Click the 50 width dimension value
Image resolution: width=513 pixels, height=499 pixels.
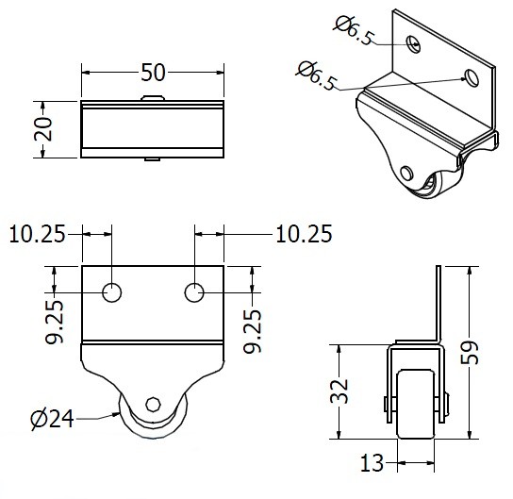(x=153, y=73)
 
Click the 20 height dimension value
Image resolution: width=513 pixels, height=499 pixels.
(x=43, y=128)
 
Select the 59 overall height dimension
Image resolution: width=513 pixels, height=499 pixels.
(x=470, y=352)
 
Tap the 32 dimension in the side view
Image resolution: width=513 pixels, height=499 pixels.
(x=339, y=391)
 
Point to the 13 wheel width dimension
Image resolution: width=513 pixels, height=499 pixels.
(x=372, y=462)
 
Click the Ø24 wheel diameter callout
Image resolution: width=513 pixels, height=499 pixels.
(x=53, y=419)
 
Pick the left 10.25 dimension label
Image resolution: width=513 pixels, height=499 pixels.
(x=38, y=234)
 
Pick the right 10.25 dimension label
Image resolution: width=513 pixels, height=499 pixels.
(x=304, y=234)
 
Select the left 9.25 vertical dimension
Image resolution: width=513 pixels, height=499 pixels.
(x=54, y=322)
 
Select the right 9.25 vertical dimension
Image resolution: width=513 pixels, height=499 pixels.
(x=252, y=331)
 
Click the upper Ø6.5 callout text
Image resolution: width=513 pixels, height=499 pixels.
(x=354, y=30)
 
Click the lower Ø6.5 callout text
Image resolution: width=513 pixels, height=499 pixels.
(x=316, y=75)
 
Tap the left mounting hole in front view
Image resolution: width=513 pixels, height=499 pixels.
(x=112, y=292)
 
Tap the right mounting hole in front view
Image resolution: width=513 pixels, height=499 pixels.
(x=194, y=292)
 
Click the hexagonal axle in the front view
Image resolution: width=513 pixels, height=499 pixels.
(x=153, y=404)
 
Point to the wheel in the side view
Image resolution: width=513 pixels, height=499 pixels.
(x=416, y=404)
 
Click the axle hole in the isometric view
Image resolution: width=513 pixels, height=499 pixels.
(x=406, y=174)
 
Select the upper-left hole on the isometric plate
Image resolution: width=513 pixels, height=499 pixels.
(x=413, y=43)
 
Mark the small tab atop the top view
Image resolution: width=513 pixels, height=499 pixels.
(x=153, y=98)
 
